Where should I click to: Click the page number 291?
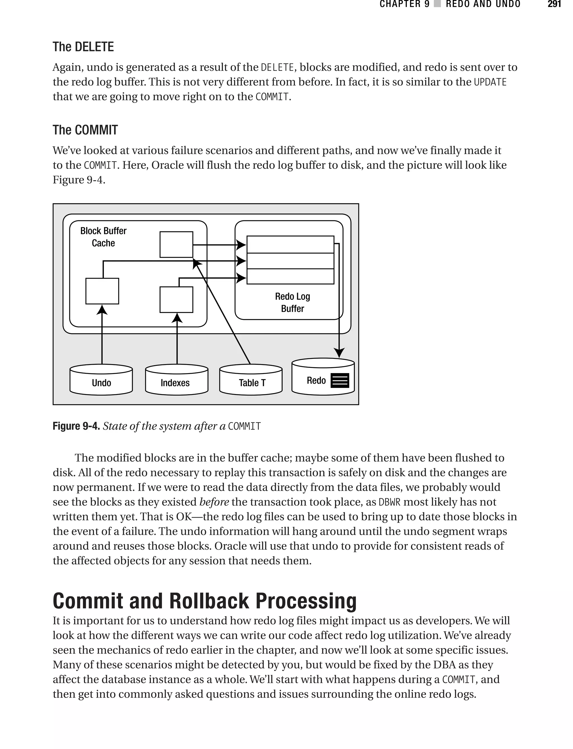(x=554, y=4)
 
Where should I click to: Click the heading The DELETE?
(x=83, y=47)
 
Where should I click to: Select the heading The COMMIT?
(x=85, y=130)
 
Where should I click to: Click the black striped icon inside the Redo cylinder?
(x=340, y=380)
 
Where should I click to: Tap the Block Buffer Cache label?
(x=103, y=237)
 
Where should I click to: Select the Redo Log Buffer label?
(x=292, y=302)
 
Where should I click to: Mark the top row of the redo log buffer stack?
(x=290, y=244)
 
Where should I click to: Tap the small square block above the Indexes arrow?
(x=176, y=299)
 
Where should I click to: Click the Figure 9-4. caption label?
(x=76, y=426)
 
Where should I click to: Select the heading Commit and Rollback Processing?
(x=204, y=600)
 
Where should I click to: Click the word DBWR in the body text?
(x=389, y=502)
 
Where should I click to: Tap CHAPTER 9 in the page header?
(x=404, y=4)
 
